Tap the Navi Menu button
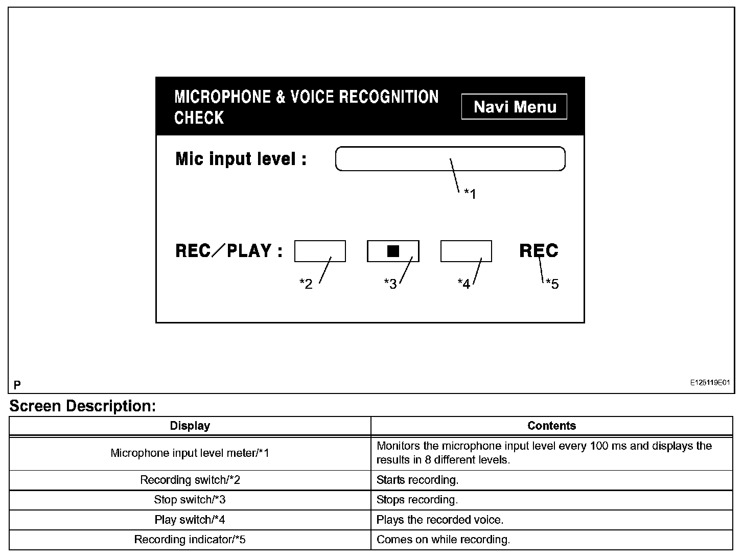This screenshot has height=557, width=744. (514, 107)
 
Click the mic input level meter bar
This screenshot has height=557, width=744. (450, 158)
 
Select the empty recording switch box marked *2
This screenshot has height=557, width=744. (320, 251)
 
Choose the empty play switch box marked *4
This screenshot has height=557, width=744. (466, 251)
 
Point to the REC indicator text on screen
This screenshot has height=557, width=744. (539, 251)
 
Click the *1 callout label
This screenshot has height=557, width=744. (470, 194)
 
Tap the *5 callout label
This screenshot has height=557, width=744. (552, 284)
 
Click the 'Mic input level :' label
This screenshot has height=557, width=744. (241, 159)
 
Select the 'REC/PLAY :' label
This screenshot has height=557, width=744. (228, 251)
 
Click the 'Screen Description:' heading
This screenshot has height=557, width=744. (82, 406)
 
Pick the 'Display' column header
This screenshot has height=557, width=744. (190, 426)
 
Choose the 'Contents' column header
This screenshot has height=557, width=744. (551, 426)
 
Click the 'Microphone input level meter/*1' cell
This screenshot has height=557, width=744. (190, 453)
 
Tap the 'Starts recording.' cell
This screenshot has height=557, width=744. (417, 480)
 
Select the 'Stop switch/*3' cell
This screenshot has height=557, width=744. (190, 500)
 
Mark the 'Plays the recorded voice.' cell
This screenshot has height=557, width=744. (440, 520)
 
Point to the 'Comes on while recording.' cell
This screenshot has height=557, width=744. (443, 540)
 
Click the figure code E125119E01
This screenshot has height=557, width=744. (710, 382)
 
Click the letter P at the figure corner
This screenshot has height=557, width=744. (17, 384)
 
